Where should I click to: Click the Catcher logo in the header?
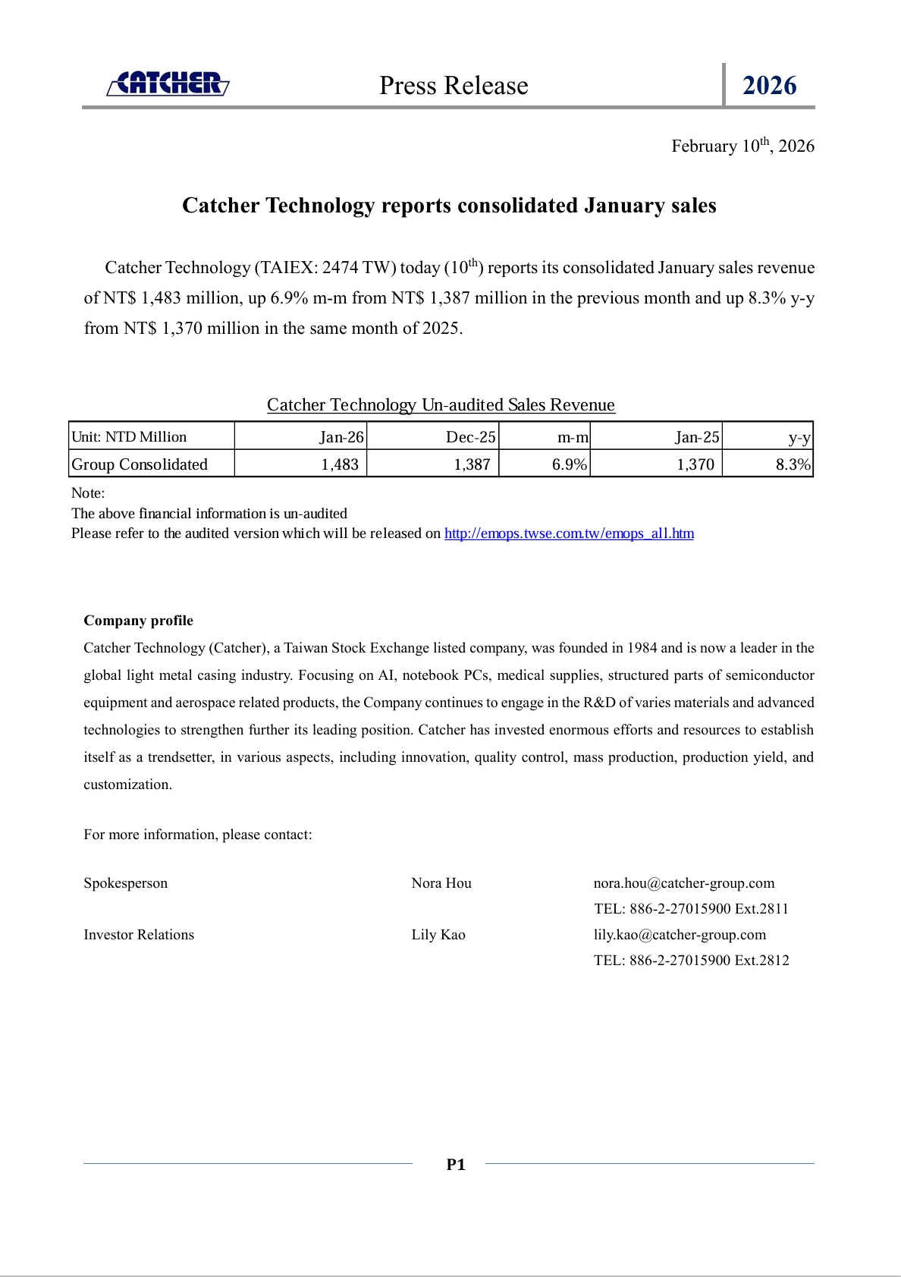168,83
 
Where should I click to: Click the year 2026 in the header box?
769,86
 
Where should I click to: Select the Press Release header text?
454,86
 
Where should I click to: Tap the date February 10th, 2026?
742,146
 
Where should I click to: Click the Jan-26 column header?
341,437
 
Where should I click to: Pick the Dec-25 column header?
470,437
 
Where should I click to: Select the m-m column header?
573,437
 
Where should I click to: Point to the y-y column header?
799,437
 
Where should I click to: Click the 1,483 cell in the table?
340,464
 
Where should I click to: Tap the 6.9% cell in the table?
569,464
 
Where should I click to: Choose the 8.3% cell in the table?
793,464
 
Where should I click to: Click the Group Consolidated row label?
140,464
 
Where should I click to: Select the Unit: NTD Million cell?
129,437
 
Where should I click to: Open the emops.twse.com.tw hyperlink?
569,533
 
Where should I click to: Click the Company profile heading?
138,621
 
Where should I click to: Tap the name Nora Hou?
441,883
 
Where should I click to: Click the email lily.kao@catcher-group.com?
680,935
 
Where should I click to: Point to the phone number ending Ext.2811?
691,909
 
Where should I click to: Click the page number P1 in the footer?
456,1165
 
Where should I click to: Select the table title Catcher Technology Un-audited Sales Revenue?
441,405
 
